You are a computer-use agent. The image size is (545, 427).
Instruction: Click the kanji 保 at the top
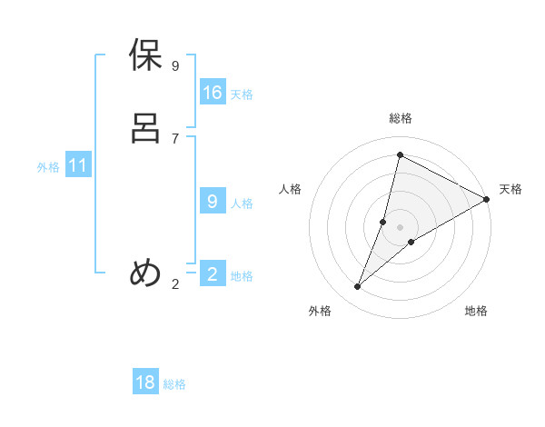pos(146,56)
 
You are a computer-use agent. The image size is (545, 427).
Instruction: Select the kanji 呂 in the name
pos(146,127)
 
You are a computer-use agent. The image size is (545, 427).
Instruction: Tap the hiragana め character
pos(146,273)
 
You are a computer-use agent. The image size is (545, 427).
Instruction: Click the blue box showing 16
pos(213,93)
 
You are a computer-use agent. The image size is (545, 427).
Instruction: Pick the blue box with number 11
pos(78,166)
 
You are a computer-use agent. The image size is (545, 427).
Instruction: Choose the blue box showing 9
pos(213,202)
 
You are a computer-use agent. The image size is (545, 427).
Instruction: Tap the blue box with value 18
pos(145,382)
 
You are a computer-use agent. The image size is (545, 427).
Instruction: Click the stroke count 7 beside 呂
pos(175,138)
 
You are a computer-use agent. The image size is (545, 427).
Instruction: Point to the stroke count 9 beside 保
pos(175,66)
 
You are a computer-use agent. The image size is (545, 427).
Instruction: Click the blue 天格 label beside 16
pos(242,94)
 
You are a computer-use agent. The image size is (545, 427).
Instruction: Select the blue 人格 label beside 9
pos(242,204)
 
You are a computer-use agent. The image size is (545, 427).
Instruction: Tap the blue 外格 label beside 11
pos(48,168)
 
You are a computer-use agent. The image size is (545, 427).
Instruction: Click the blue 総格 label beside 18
pos(174,384)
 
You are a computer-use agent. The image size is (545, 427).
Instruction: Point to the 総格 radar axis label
pos(401,118)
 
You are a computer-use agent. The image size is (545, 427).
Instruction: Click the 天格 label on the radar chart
pos(510,189)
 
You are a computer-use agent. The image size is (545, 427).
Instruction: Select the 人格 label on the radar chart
pos(291,189)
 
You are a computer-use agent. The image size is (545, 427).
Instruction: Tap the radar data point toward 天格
pos(487,199)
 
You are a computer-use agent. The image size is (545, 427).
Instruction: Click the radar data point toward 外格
pos(358,287)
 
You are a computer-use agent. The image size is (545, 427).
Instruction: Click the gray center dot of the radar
pos(401,227)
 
